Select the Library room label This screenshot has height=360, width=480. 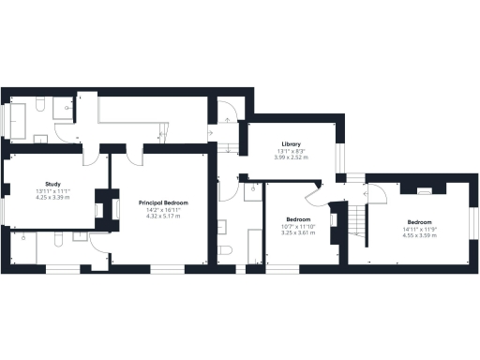click(x=290, y=143)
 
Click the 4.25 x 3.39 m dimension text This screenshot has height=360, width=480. click(x=52, y=198)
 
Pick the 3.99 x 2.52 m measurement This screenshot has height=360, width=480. click(x=290, y=157)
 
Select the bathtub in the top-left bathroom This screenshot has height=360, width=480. click(x=18, y=120)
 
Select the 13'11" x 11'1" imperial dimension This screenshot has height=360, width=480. click(x=52, y=191)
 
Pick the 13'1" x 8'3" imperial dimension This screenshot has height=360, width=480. click(x=290, y=151)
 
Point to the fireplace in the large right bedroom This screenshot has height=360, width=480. click(x=424, y=189)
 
